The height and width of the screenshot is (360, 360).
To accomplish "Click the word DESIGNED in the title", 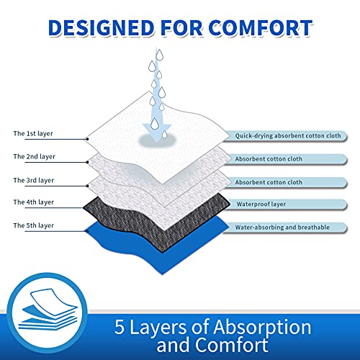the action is coord(101,27).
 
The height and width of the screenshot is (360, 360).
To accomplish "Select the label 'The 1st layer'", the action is coord(33,134).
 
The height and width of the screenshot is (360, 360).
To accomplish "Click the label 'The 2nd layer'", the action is coord(35,157).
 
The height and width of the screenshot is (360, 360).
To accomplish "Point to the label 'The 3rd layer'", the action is coord(34,180).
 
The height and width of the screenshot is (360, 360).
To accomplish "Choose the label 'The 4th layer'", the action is coord(34,202).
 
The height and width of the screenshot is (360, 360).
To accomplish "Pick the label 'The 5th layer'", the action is coord(34,225).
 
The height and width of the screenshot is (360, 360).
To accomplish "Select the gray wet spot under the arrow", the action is coord(157,141).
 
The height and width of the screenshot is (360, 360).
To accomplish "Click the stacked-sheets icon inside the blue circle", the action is coord(48,310).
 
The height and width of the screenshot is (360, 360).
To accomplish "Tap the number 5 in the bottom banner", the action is coord(120,327).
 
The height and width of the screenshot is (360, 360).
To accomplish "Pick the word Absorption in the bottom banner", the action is coord(262,328).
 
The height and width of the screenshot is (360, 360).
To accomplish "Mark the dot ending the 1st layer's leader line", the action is coord(88,139).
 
